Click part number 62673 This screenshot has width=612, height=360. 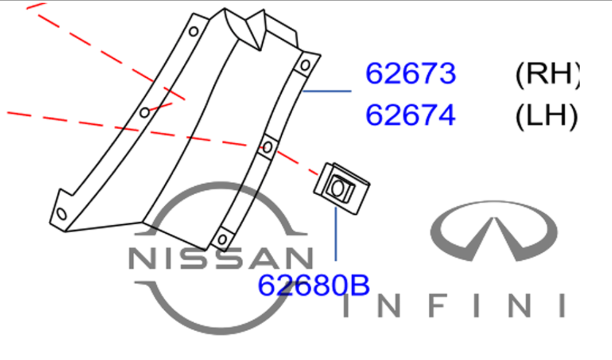pyautogui.click(x=410, y=73)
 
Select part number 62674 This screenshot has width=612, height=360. pyautogui.click(x=410, y=115)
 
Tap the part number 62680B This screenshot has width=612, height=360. pyautogui.click(x=314, y=285)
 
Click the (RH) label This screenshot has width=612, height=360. pyautogui.click(x=547, y=74)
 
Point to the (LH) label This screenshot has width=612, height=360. pyautogui.click(x=546, y=116)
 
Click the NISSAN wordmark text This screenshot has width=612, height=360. pyautogui.click(x=221, y=258)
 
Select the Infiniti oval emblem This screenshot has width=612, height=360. pyautogui.click(x=494, y=230)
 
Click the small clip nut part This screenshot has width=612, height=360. pyautogui.click(x=342, y=189)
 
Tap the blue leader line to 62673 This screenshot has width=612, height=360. pyautogui.click(x=327, y=91)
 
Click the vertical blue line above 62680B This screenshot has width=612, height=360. pyautogui.click(x=336, y=234)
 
